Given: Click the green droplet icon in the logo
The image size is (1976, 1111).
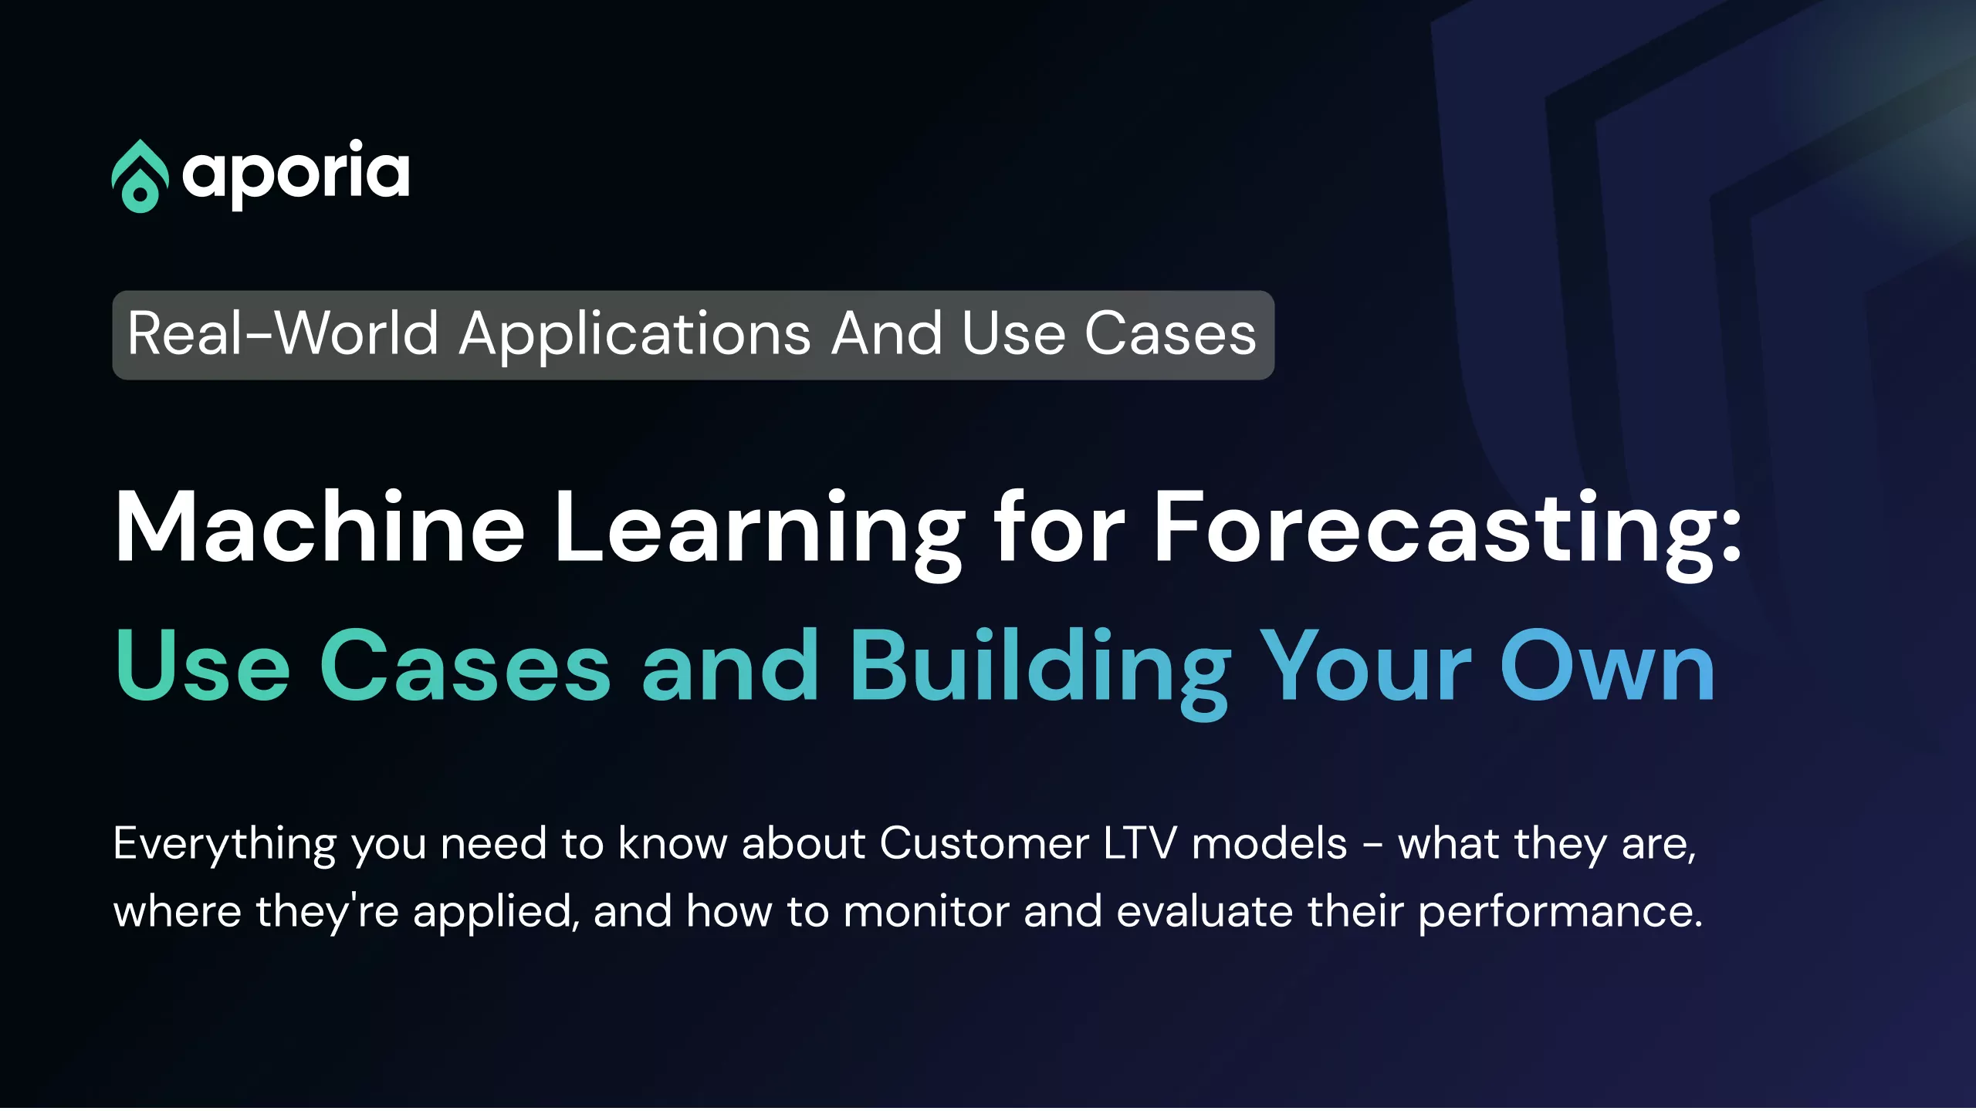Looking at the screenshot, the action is click(140, 176).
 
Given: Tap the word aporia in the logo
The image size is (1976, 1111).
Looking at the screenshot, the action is click(296, 174).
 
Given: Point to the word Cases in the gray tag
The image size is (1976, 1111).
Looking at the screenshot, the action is click(1170, 334).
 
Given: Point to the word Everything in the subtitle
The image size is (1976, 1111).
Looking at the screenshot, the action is click(225, 846).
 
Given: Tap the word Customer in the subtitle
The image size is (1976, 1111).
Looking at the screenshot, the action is click(984, 843).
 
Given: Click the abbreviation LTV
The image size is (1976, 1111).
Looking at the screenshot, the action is click(1140, 843).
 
